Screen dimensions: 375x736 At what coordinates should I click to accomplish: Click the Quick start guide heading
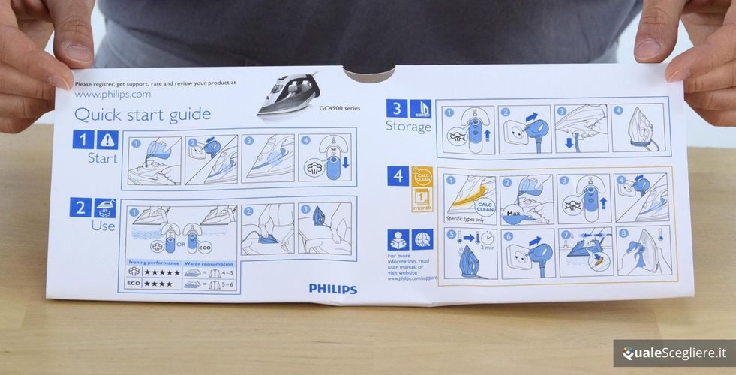click(x=142, y=115)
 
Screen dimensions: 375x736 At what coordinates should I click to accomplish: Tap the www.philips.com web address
click(x=113, y=94)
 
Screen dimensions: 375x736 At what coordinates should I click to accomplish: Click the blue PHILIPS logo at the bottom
click(x=332, y=289)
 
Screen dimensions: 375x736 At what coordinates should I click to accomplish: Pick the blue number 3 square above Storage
click(x=397, y=108)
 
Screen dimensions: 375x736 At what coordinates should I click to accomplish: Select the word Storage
click(x=409, y=127)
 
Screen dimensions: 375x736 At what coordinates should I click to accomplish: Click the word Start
click(x=103, y=158)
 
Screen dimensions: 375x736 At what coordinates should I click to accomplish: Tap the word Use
click(x=103, y=226)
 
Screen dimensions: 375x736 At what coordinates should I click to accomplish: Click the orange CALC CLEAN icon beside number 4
click(x=422, y=176)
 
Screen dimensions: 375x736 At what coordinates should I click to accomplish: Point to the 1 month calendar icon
click(x=422, y=199)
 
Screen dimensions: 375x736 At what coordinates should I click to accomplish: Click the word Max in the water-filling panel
click(x=513, y=214)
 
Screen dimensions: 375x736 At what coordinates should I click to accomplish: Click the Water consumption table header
click(x=209, y=264)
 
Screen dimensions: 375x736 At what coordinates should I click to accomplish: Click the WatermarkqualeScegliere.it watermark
click(x=673, y=352)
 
